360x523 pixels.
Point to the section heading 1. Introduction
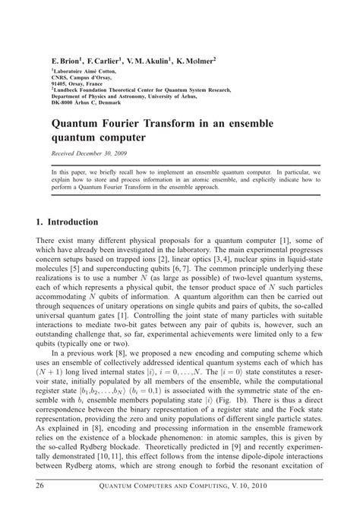[68, 222]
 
